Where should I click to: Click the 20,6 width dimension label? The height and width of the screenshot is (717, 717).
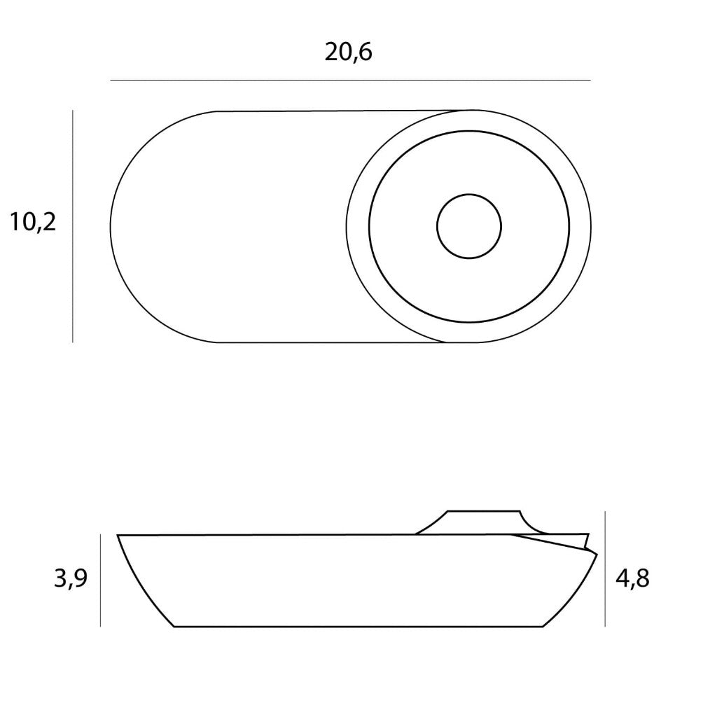point(349,53)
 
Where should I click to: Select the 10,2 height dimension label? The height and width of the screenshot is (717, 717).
point(33,222)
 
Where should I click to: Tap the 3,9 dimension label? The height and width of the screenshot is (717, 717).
point(71,578)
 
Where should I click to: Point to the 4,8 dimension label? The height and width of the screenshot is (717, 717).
point(632,578)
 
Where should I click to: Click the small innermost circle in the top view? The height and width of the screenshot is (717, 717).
point(469,195)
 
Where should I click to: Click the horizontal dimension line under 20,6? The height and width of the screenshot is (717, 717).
point(350,81)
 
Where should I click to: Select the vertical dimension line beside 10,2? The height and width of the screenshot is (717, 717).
point(73,226)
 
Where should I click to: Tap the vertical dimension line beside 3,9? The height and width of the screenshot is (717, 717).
point(101,580)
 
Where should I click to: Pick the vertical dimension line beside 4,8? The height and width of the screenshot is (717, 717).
point(606,569)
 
